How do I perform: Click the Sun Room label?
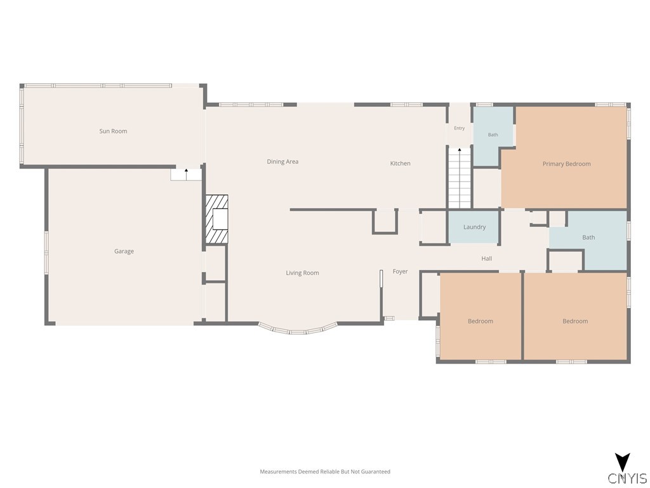click(113, 131)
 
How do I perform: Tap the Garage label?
click(124, 251)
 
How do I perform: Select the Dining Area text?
click(282, 162)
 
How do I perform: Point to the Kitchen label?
click(401, 163)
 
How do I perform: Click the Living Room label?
click(303, 273)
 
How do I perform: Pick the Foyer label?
click(401, 271)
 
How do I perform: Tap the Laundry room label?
click(475, 227)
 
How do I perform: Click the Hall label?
click(487, 259)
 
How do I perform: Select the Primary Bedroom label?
click(567, 164)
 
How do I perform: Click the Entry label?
click(460, 128)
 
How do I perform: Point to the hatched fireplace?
click(217, 219)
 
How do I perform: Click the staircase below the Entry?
click(460, 178)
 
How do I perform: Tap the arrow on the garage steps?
click(187, 173)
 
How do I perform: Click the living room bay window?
click(298, 329)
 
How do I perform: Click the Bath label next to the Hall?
click(588, 238)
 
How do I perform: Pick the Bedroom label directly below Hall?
click(481, 321)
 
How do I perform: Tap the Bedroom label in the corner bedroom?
click(575, 321)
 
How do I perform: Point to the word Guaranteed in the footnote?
click(376, 472)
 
